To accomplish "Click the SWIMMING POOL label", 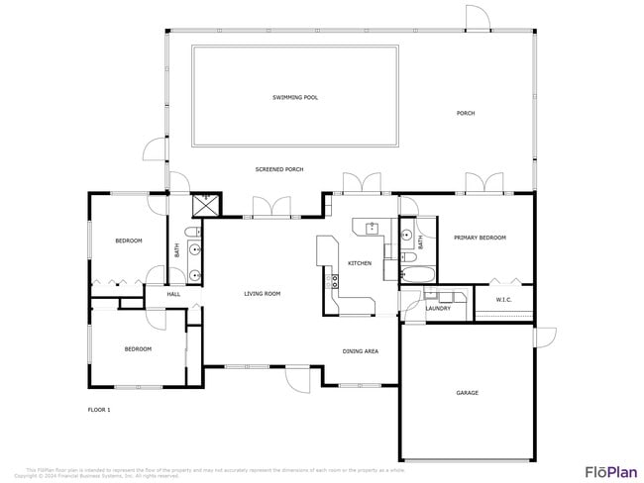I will (x=295, y=97).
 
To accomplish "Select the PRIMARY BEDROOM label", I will (x=480, y=238).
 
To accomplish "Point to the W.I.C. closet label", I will (x=503, y=299).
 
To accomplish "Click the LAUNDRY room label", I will (x=438, y=308).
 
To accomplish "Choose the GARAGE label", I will (x=467, y=393).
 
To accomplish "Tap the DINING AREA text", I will (x=360, y=351).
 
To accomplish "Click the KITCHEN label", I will (x=359, y=263).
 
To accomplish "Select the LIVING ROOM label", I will (x=263, y=293).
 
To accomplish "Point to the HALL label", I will (x=173, y=294).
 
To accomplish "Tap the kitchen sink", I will (x=373, y=229).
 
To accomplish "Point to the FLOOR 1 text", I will (x=98, y=409).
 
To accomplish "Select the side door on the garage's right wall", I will (x=544, y=337).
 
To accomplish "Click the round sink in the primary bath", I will (x=407, y=236).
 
